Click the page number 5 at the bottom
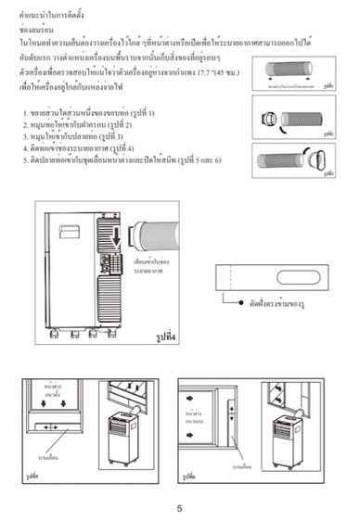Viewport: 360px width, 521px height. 179,507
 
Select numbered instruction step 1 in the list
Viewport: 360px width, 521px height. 88,113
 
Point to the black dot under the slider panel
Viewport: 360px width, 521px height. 237,301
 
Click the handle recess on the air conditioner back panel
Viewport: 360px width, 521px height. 70,225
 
